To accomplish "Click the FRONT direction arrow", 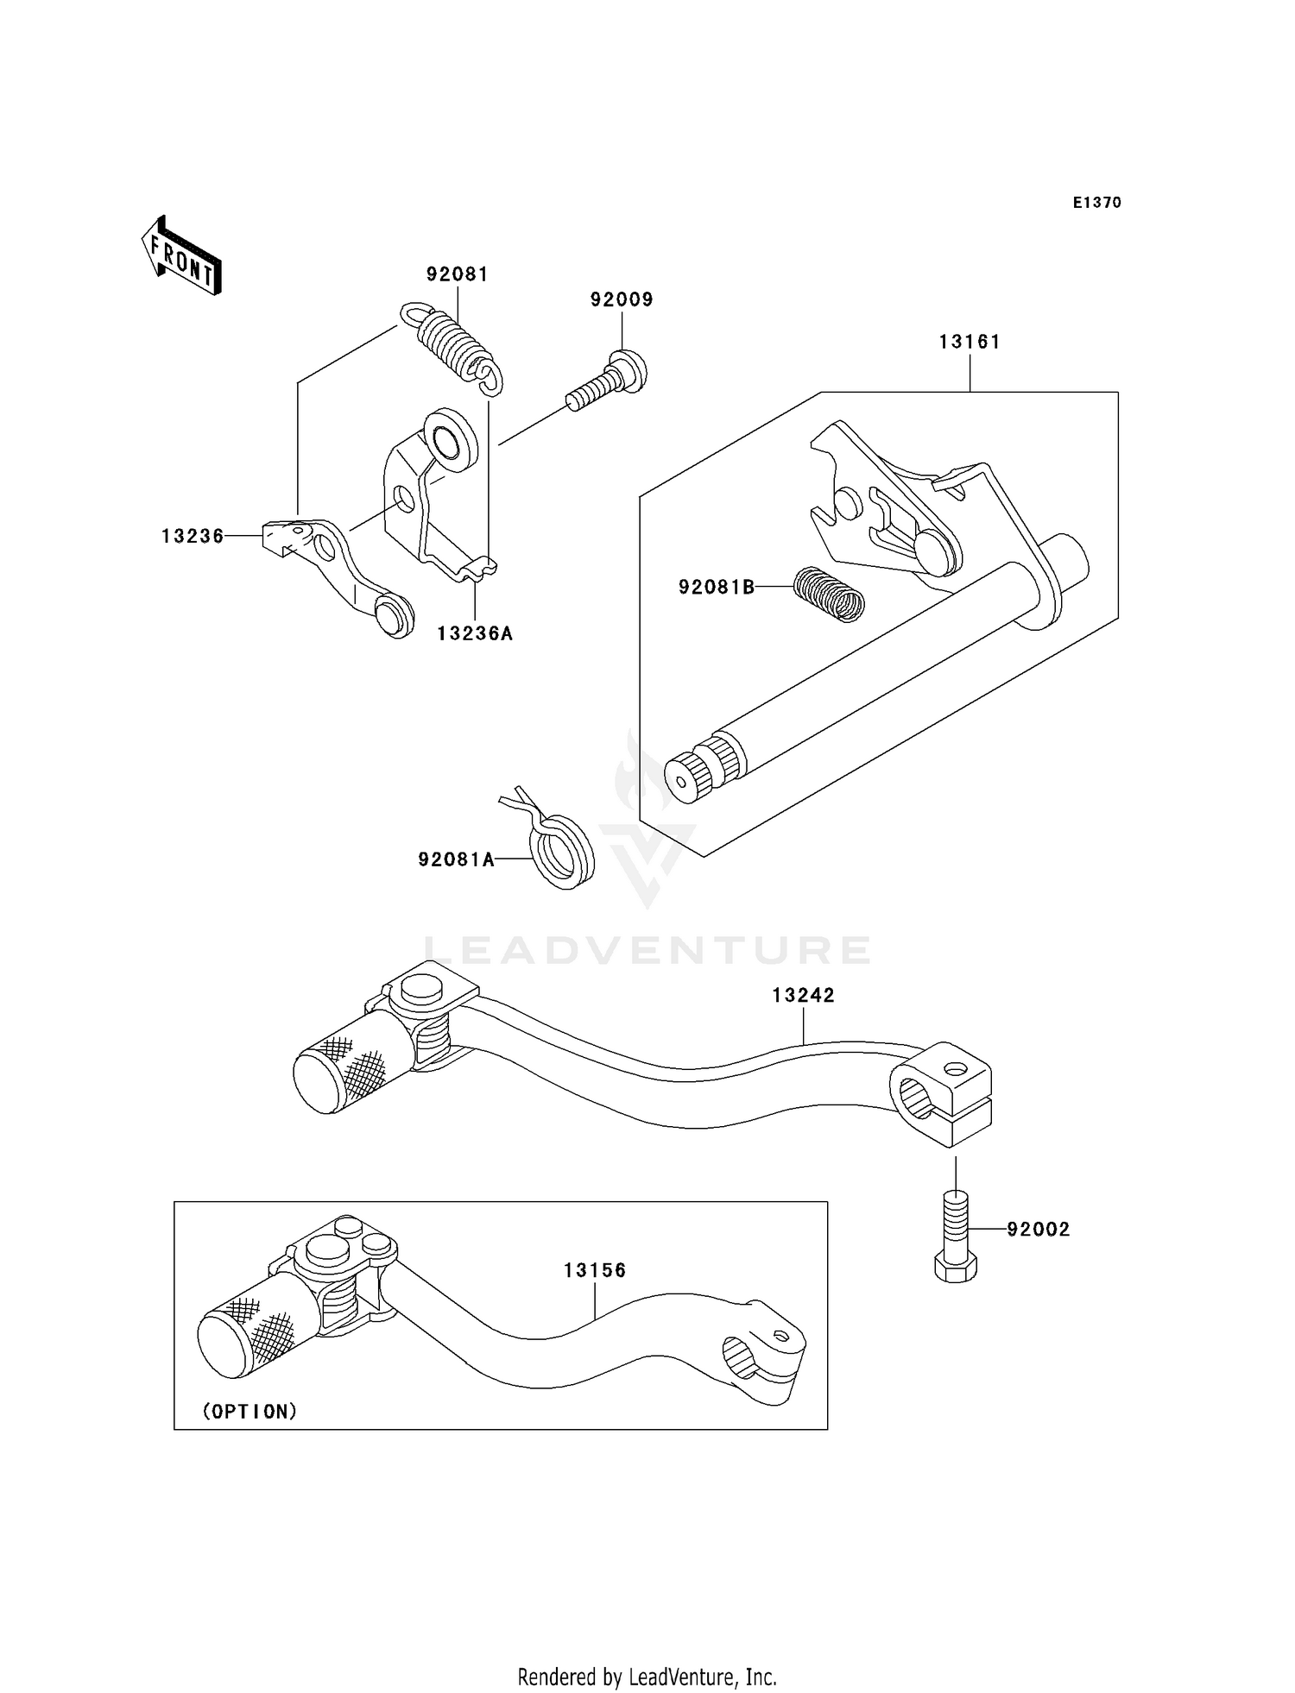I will [181, 256].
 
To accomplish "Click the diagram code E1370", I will [1096, 203].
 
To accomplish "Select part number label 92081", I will [457, 274].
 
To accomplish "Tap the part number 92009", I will [622, 299].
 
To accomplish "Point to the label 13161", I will [970, 342].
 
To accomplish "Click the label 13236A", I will [475, 634].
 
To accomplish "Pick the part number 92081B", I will [716, 588].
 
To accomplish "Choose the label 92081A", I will [456, 859].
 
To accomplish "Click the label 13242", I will [803, 995].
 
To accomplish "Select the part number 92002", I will [1038, 1230].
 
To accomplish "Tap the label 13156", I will [595, 1270].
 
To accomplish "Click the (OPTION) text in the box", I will [250, 1412].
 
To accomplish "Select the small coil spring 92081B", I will [829, 593].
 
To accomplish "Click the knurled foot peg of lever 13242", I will [341, 1072].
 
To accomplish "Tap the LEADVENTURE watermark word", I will [647, 950].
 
